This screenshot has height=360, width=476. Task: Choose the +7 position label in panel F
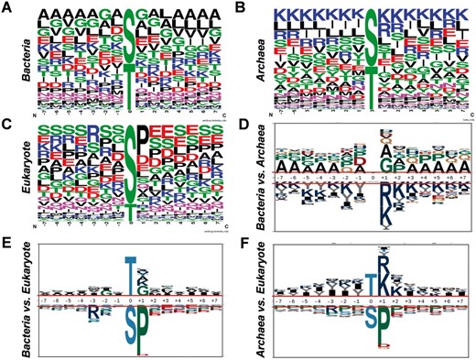pyautogui.click(x=454, y=299)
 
